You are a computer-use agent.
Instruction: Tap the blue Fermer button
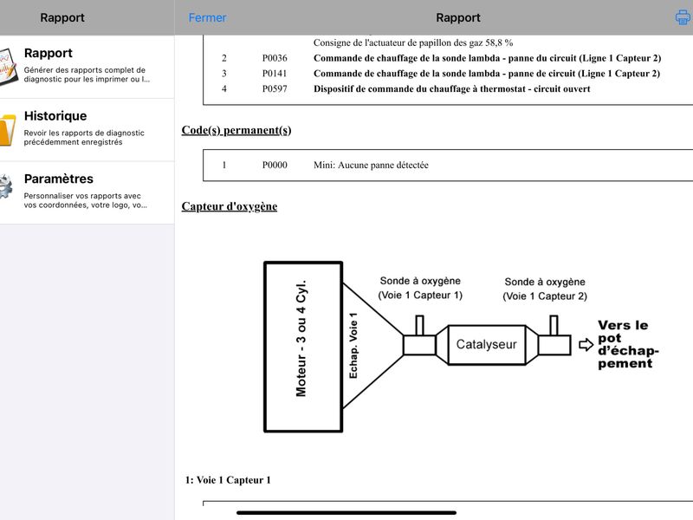[x=207, y=17]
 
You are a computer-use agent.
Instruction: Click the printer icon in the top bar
[x=683, y=17]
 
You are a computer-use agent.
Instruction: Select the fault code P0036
[x=275, y=58]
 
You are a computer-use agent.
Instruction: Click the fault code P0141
[x=275, y=74]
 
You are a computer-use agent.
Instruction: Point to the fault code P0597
[x=275, y=89]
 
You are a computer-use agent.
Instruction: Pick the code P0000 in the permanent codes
[x=275, y=165]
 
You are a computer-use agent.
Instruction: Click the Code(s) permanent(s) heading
[x=236, y=131]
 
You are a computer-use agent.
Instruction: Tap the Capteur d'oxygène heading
[x=230, y=206]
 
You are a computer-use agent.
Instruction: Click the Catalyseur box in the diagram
[x=487, y=344]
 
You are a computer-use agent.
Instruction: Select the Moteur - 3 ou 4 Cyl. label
[x=301, y=338]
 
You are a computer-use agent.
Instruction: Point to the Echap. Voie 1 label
[x=353, y=345]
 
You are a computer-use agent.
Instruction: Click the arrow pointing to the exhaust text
[x=586, y=344]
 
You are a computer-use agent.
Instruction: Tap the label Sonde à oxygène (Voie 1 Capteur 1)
[x=420, y=288]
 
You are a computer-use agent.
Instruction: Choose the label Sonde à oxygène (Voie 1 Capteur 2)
[x=545, y=289]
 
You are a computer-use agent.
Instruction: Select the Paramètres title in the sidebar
[x=59, y=179]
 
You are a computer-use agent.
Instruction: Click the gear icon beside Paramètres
[x=6, y=186]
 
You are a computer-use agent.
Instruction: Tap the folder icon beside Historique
[x=8, y=129]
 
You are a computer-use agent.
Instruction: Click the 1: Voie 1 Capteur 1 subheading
[x=228, y=480]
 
